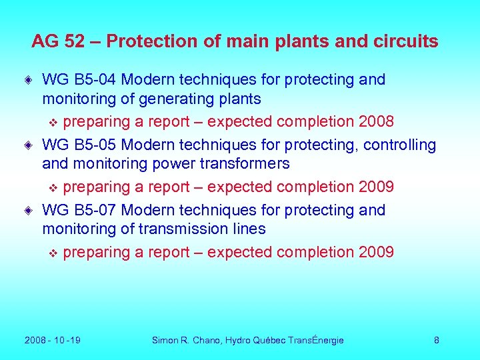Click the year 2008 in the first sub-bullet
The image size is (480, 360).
[375, 122]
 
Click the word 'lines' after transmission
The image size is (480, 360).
[247, 229]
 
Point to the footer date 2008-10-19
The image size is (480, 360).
[53, 341]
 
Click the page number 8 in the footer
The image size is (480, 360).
[437, 341]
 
